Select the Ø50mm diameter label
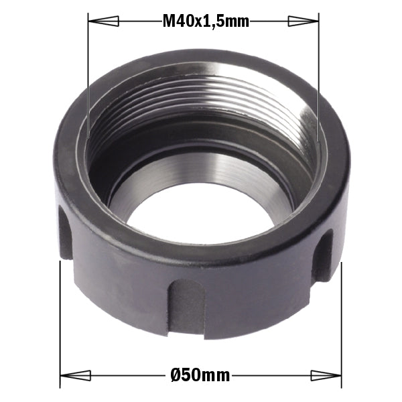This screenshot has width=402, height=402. click(200, 376)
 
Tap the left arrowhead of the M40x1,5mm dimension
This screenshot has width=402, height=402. click(100, 21)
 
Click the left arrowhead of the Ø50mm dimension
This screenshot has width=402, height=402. click(75, 376)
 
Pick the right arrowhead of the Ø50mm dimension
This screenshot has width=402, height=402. click(327, 376)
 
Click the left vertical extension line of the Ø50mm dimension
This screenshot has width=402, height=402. click(61, 322)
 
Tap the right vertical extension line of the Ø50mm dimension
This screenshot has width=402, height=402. click(342, 322)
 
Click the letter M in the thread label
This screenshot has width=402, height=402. click(169, 21)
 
